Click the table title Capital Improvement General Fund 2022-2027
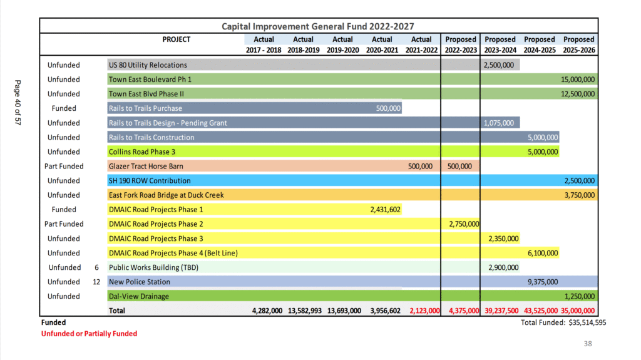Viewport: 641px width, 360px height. click(x=317, y=26)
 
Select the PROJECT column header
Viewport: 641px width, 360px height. click(x=176, y=39)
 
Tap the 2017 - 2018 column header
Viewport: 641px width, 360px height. click(x=264, y=50)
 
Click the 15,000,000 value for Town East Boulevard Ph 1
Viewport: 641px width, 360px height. click(x=578, y=80)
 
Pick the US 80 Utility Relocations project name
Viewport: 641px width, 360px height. click(x=148, y=65)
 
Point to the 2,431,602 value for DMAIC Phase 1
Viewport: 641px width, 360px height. click(x=385, y=210)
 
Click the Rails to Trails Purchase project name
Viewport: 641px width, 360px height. click(x=145, y=108)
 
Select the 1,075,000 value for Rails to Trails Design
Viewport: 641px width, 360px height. click(x=499, y=123)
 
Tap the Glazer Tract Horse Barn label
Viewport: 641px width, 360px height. click(x=146, y=166)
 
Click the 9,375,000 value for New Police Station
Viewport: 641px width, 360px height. click(x=543, y=282)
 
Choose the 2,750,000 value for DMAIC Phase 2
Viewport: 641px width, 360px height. click(x=464, y=224)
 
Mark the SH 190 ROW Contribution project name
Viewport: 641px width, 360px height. click(x=150, y=180)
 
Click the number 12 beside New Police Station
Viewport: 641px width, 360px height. click(x=96, y=282)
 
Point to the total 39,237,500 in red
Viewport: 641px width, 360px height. click(x=501, y=311)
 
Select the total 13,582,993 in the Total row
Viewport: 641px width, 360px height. click(x=305, y=311)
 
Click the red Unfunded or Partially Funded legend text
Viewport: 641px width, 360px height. click(x=89, y=334)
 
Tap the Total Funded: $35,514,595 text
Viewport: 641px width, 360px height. click(x=563, y=322)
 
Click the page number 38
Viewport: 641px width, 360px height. click(x=588, y=344)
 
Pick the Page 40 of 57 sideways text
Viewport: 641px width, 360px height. click(x=18, y=102)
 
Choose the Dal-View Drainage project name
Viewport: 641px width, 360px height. click(x=138, y=296)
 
